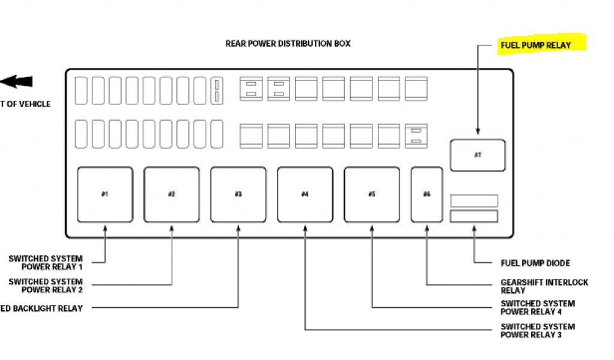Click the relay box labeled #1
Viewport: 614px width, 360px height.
[x=105, y=194]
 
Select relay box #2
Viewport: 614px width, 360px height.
[x=171, y=194]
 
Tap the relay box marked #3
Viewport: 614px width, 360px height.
[x=238, y=194]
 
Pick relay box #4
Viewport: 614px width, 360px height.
[x=305, y=194]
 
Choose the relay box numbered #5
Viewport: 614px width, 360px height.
[x=372, y=194]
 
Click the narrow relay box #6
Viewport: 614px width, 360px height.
[x=427, y=194]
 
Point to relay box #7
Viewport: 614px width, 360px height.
[x=478, y=155]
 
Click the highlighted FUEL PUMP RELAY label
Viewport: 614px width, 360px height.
[x=535, y=45]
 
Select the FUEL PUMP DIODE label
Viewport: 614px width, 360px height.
[x=535, y=263]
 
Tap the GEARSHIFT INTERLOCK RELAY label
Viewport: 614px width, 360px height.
[x=544, y=286]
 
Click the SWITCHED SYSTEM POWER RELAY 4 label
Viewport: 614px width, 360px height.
[x=538, y=308]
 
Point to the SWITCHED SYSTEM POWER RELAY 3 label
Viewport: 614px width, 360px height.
[x=538, y=331]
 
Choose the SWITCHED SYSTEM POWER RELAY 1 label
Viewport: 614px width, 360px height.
[x=46, y=263]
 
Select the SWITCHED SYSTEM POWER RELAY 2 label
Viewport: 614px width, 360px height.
[x=46, y=286]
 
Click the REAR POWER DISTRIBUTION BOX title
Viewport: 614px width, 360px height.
[x=288, y=43]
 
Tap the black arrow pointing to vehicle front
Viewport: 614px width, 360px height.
[x=16, y=82]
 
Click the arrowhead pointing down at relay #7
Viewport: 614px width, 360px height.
[x=478, y=131]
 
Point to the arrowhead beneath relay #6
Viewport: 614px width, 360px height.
[x=427, y=228]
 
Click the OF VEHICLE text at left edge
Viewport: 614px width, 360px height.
[x=25, y=104]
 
